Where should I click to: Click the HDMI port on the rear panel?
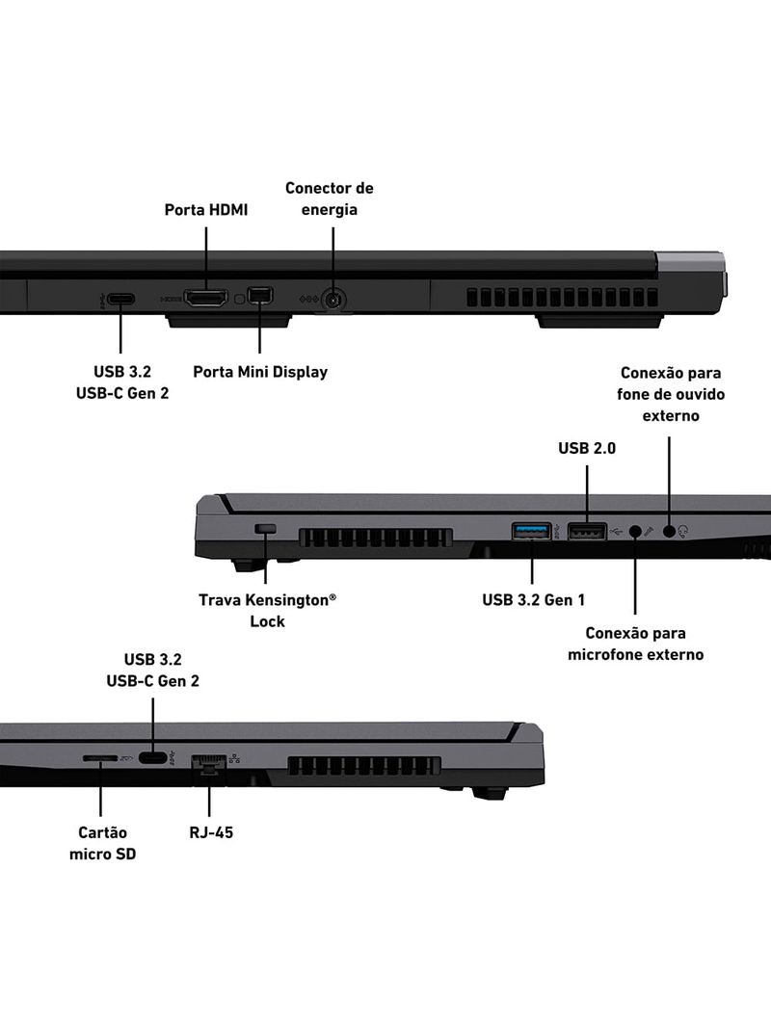pyautogui.click(x=205, y=299)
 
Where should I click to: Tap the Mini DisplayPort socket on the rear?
pyautogui.click(x=260, y=296)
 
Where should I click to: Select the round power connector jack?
pyautogui.click(x=333, y=301)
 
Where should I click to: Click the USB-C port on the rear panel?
pyautogui.click(x=120, y=299)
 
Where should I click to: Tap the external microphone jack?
pyautogui.click(x=635, y=531)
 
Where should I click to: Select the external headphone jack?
pyautogui.click(x=669, y=531)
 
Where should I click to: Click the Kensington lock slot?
pyautogui.click(x=266, y=529)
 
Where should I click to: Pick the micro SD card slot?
pyautogui.click(x=100, y=758)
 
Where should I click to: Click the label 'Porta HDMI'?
pyautogui.click(x=205, y=209)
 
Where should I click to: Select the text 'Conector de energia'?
pyautogui.click(x=329, y=198)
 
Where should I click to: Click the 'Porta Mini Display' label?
pyautogui.click(x=260, y=372)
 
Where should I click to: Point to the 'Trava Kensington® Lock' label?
pyautogui.click(x=267, y=610)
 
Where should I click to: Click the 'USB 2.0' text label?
pyautogui.click(x=587, y=448)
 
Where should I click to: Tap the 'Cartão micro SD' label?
pyautogui.click(x=102, y=842)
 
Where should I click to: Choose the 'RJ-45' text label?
pyautogui.click(x=211, y=831)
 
